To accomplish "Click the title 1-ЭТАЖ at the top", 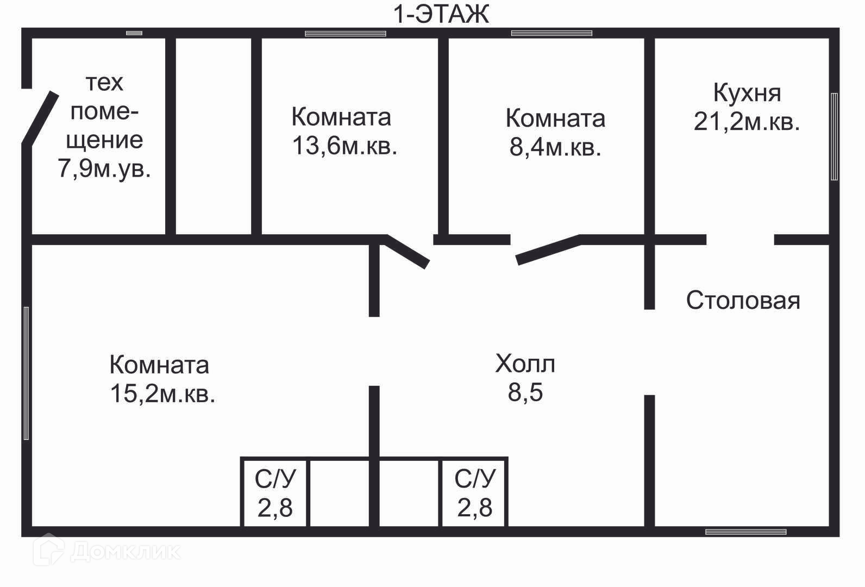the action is [x=441, y=14].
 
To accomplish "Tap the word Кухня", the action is [x=747, y=93].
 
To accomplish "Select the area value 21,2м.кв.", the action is [x=747, y=122].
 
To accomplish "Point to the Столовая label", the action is [x=743, y=300].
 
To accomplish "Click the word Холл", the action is [x=525, y=364].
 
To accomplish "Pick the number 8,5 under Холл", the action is [x=525, y=392].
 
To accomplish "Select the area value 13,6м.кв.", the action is [x=344, y=146].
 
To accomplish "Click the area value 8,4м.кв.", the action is [x=555, y=147].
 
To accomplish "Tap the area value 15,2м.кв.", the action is [x=162, y=394].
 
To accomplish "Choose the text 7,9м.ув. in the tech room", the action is [x=104, y=168].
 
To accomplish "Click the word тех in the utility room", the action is [x=104, y=83].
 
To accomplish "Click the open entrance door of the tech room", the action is [x=40, y=118].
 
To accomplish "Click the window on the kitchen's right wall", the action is [x=834, y=136].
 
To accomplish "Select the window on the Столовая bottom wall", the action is [x=745, y=532].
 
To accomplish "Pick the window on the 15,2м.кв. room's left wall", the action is [x=26, y=373].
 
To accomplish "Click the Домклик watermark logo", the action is [x=106, y=551].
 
